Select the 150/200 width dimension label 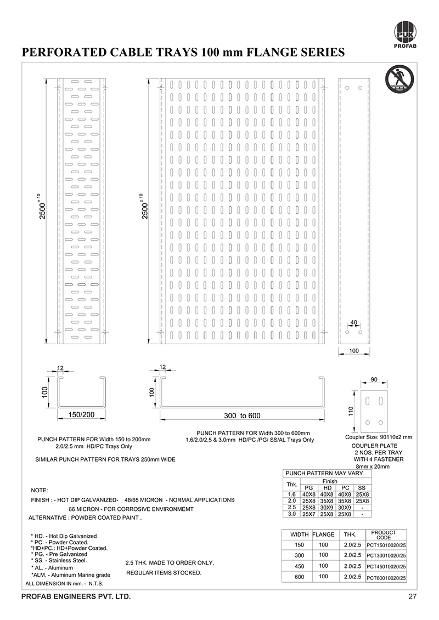[x=81, y=414]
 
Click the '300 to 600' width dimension [x=242, y=416]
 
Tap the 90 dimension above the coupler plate [x=374, y=379]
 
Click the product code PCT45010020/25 [x=386, y=567]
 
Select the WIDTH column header [x=300, y=534]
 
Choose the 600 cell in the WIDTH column [x=300, y=577]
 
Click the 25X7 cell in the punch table [x=309, y=514]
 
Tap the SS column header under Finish [x=362, y=487]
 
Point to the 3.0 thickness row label [x=292, y=514]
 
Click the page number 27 [x=412, y=596]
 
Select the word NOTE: [x=40, y=490]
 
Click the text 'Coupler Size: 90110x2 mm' [x=379, y=437]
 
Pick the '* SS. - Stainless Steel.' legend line [x=59, y=561]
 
